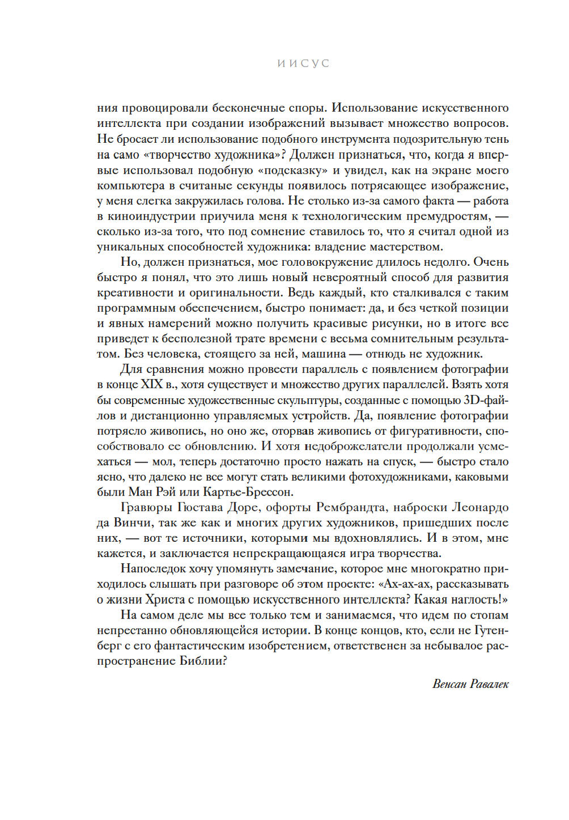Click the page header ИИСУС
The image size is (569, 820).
pos(303,64)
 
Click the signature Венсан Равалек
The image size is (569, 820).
pos(470,684)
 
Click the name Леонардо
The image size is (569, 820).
pos(480,508)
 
